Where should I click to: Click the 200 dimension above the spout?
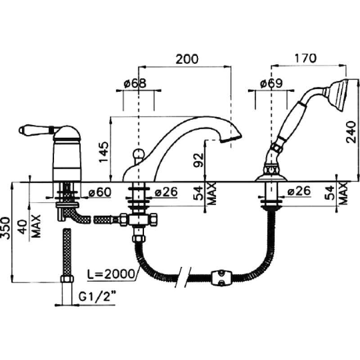point(187,59)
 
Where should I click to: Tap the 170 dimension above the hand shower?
point(306,58)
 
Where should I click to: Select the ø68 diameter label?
point(135,84)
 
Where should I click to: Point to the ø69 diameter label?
point(271,84)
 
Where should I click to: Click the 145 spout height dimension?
point(104,152)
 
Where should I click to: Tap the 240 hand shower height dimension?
point(351,132)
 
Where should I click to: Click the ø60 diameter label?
point(100,192)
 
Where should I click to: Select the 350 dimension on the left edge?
point(5,228)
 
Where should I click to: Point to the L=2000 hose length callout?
point(111,274)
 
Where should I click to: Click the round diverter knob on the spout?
point(139,153)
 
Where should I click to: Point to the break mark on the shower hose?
point(183,277)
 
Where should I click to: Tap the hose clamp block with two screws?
point(221,278)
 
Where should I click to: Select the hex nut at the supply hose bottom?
point(67,279)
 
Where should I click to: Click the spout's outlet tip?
point(231,139)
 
